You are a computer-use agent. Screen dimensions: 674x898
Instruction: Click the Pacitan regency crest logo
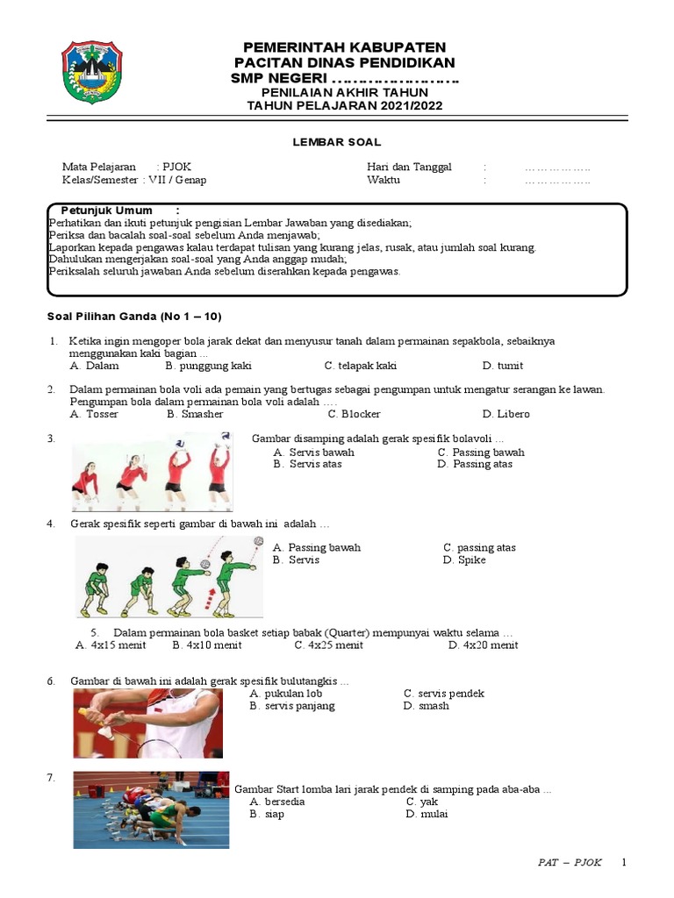click(x=91, y=72)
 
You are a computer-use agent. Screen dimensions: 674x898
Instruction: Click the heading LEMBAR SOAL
click(x=336, y=142)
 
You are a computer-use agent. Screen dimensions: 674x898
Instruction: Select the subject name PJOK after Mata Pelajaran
click(x=176, y=167)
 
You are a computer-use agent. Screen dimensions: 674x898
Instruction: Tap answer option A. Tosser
click(x=94, y=414)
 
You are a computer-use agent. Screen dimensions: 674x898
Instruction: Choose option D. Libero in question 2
click(x=506, y=414)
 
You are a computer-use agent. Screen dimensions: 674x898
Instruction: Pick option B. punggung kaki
click(x=209, y=366)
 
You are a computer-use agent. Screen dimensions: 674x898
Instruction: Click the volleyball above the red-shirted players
click(x=180, y=443)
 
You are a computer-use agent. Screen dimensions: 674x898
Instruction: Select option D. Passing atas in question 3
click(x=475, y=464)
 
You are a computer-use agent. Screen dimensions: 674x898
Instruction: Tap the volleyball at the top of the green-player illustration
click(x=259, y=540)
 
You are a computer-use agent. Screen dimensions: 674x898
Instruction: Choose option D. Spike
click(x=464, y=560)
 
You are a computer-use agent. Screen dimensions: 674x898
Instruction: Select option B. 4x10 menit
click(x=207, y=645)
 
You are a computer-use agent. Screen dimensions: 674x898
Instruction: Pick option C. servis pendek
click(x=443, y=694)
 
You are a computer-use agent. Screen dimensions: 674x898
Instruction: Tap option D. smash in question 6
click(x=426, y=706)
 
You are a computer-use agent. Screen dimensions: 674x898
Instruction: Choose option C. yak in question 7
click(x=422, y=802)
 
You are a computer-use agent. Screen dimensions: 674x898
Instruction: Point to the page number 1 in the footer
click(x=624, y=862)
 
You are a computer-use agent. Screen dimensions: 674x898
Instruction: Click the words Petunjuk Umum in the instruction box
click(x=106, y=210)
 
